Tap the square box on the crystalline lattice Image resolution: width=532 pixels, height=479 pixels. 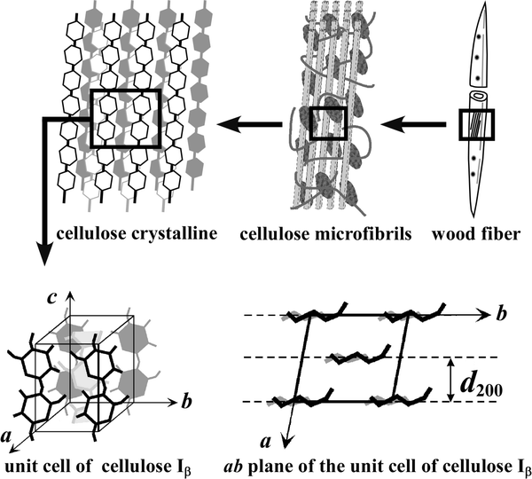125,119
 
